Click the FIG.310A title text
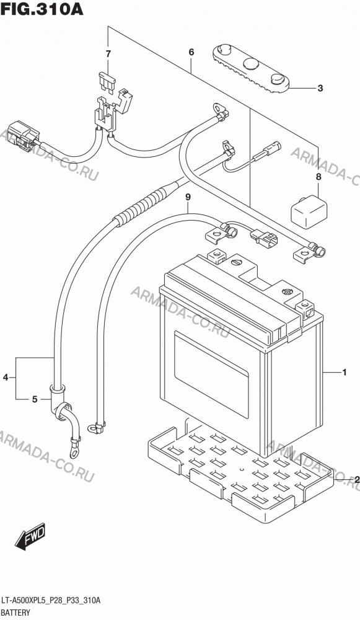(x=42, y=9)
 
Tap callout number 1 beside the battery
(x=344, y=372)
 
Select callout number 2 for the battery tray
(x=356, y=480)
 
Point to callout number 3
(x=320, y=88)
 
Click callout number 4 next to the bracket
(x=6, y=378)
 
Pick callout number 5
(x=35, y=399)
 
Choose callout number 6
(x=191, y=52)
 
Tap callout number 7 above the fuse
(x=108, y=54)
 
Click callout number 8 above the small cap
(x=318, y=177)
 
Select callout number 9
(x=188, y=197)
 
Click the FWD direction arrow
(x=31, y=536)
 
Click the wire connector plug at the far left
(x=22, y=136)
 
